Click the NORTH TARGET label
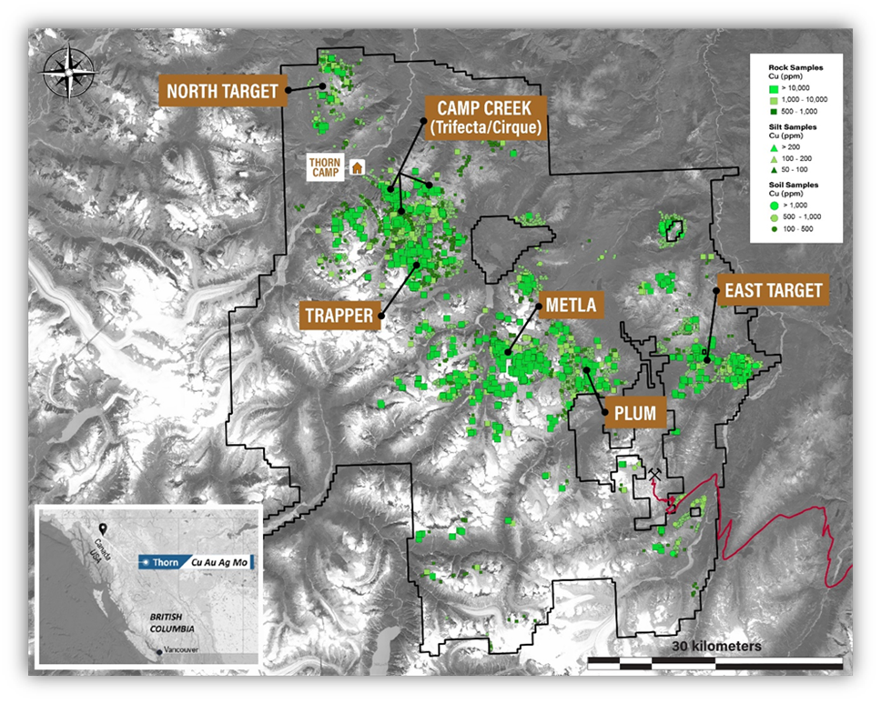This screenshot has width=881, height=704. pyautogui.click(x=221, y=90)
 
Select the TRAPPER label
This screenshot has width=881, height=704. pyautogui.click(x=339, y=316)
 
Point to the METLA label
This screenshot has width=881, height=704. pyautogui.click(x=571, y=306)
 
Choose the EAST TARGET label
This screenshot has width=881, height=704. pyautogui.click(x=773, y=291)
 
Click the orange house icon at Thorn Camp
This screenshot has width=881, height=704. pyautogui.click(x=358, y=167)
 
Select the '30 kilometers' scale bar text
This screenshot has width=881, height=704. pyautogui.click(x=716, y=646)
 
